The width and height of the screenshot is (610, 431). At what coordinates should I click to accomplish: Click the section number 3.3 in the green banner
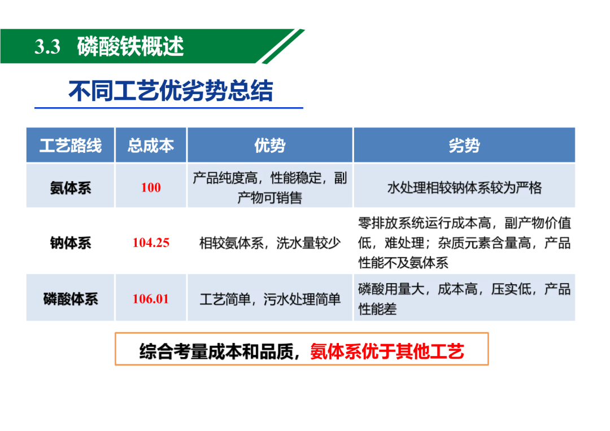(47, 47)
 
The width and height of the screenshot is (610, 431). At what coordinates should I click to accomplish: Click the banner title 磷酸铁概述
(130, 46)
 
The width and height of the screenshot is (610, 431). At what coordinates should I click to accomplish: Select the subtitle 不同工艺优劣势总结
(171, 91)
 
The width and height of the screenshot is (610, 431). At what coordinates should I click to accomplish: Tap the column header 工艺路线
(71, 146)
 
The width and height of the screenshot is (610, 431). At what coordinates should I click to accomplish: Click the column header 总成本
(151, 146)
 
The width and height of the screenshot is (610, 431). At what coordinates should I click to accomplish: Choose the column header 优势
(270, 146)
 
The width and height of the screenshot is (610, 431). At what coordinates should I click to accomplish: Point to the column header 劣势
(464, 146)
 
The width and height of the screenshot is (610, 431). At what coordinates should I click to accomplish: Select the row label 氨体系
(71, 188)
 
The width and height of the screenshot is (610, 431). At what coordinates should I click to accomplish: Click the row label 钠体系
(71, 243)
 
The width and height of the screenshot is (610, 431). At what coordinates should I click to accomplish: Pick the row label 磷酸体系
(71, 299)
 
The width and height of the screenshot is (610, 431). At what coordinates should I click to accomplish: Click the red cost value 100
(151, 188)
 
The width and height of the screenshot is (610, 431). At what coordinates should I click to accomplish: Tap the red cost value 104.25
(151, 243)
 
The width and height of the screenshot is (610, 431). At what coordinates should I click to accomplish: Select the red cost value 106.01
(151, 299)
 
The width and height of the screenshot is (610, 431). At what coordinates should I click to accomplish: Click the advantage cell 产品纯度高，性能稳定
(270, 188)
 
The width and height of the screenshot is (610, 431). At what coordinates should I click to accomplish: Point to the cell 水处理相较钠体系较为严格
(464, 188)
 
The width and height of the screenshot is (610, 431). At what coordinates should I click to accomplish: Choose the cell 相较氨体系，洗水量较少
(270, 243)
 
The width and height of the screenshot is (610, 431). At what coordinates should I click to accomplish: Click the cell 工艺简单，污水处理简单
(270, 299)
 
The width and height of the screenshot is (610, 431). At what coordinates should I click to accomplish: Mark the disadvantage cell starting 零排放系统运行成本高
(464, 243)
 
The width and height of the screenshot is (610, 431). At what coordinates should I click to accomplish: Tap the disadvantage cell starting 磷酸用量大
(464, 299)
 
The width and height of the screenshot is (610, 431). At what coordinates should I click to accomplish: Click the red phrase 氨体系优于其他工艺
(387, 351)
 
